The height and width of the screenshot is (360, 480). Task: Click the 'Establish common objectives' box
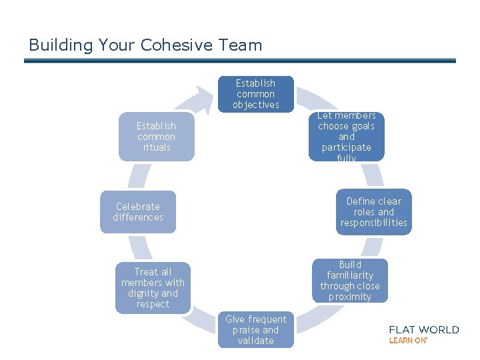click(x=255, y=94)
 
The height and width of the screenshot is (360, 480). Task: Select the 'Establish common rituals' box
click(x=157, y=137)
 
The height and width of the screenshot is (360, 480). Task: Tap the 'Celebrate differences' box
click(x=138, y=212)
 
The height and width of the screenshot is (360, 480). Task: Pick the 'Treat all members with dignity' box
click(x=153, y=288)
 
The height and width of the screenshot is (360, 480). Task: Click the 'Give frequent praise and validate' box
click(x=256, y=330)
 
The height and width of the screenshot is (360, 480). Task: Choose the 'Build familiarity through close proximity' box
click(x=350, y=281)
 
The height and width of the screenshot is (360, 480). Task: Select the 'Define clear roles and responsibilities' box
click(x=373, y=212)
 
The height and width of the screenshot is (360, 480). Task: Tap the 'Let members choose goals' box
click(x=347, y=137)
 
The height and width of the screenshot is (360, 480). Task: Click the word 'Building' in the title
click(x=61, y=45)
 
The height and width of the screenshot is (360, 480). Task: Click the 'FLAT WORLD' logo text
click(x=424, y=329)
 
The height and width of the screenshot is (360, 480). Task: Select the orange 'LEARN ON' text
click(x=407, y=340)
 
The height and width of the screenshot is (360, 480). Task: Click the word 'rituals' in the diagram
click(x=157, y=147)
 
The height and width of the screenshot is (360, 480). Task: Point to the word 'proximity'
click(x=350, y=297)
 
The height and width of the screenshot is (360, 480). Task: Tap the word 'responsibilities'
click(x=373, y=223)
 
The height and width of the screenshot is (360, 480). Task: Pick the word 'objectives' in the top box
click(x=255, y=105)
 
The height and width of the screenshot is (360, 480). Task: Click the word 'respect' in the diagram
click(x=153, y=304)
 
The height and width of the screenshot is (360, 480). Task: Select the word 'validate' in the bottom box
click(x=256, y=341)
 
